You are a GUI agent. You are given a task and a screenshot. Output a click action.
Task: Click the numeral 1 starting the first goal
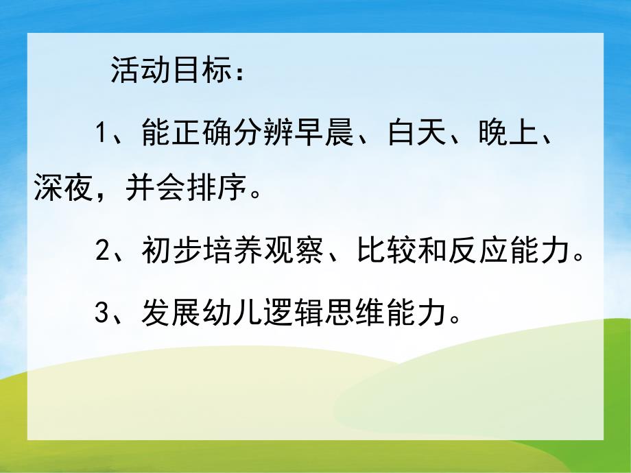click(x=101, y=132)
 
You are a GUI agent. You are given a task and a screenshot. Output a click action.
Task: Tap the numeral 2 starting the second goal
click(x=102, y=252)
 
